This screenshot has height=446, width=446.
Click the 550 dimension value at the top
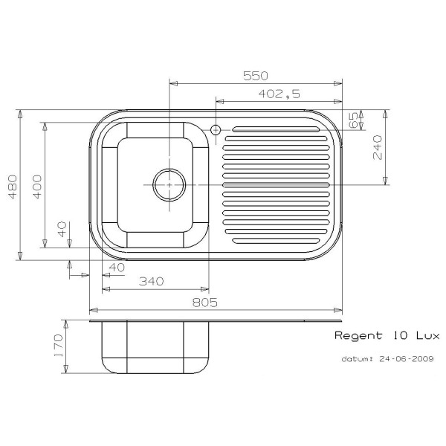click(x=255, y=76)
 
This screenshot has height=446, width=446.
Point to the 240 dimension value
click(x=377, y=147)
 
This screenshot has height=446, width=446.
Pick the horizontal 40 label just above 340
click(x=116, y=267)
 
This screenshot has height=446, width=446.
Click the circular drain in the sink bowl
click(x=168, y=184)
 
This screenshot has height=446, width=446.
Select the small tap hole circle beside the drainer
click(x=216, y=130)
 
